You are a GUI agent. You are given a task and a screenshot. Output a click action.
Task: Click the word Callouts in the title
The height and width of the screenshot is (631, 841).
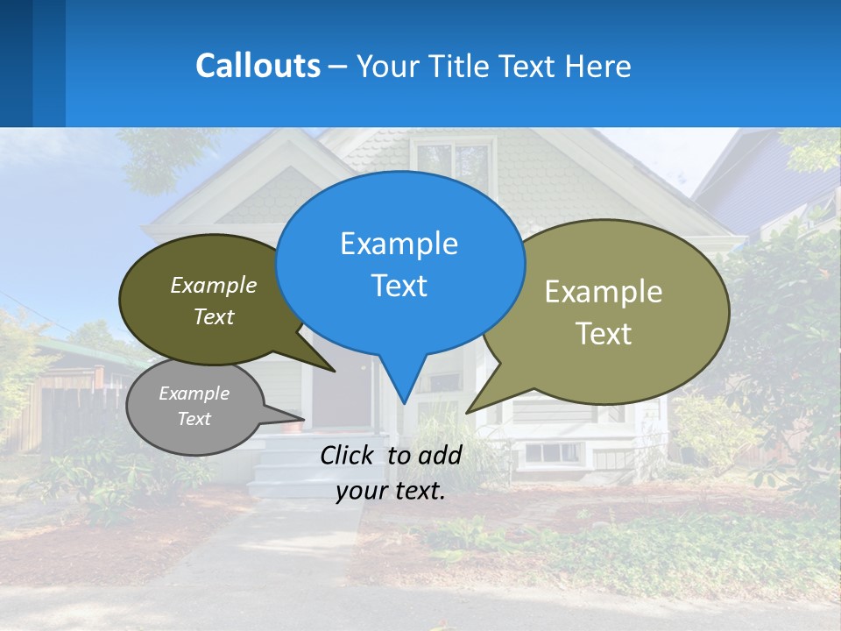(x=258, y=66)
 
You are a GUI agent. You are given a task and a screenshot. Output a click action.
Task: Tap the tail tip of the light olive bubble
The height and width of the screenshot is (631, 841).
(x=467, y=412)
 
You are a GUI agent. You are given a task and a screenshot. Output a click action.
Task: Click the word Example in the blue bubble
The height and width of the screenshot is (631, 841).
(x=399, y=244)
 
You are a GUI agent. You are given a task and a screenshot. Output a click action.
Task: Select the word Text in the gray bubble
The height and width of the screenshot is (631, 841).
(x=194, y=419)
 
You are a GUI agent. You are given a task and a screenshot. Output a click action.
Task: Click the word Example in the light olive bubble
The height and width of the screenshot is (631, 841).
(x=604, y=292)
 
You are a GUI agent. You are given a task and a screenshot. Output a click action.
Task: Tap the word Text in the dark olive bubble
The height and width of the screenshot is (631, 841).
(x=214, y=317)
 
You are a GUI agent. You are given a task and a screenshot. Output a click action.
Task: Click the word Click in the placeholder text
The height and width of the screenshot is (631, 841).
(x=347, y=455)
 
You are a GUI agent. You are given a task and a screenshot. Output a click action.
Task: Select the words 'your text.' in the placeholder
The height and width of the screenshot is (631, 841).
(x=391, y=492)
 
